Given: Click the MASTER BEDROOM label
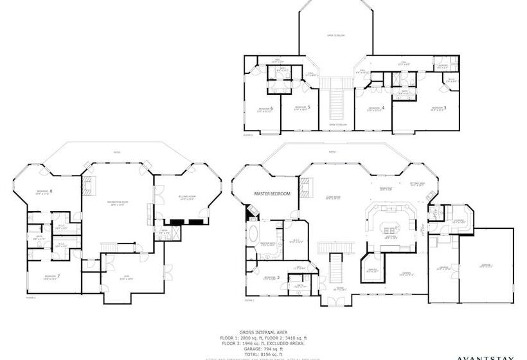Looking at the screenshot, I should coord(272,194).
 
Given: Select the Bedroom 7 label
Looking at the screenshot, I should coord(51,277).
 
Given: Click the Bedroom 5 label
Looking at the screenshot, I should coord(302,107).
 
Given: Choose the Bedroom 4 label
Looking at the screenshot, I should coord(376,108).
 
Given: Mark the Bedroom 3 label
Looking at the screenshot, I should coord(439,108).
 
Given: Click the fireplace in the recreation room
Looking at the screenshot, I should coord(88,187).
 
